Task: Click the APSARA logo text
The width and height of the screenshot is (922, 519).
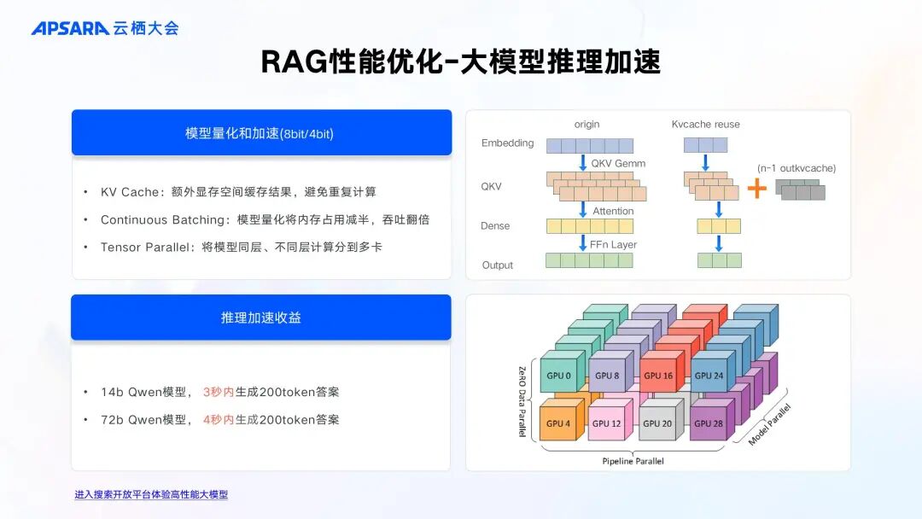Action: point(70,28)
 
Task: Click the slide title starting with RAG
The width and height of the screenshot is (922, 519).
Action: point(460,61)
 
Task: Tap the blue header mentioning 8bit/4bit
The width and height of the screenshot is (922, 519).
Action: point(261,133)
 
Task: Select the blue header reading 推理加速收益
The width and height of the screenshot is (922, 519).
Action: point(261,318)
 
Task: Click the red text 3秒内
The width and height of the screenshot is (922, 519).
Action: point(219,392)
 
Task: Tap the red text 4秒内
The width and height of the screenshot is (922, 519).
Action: point(219,420)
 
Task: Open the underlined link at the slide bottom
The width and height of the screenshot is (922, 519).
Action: point(151,494)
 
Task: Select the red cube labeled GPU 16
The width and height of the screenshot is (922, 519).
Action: point(658,376)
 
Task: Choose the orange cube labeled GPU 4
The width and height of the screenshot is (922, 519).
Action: point(558,423)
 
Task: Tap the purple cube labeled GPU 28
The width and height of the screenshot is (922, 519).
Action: point(708,423)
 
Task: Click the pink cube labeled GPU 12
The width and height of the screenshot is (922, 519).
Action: point(608,423)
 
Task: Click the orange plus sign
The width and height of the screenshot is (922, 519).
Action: point(756,189)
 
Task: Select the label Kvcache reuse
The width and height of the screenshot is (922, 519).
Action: point(706,125)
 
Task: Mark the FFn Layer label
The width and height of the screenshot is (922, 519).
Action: point(613,244)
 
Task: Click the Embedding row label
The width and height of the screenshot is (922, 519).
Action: point(507,143)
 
